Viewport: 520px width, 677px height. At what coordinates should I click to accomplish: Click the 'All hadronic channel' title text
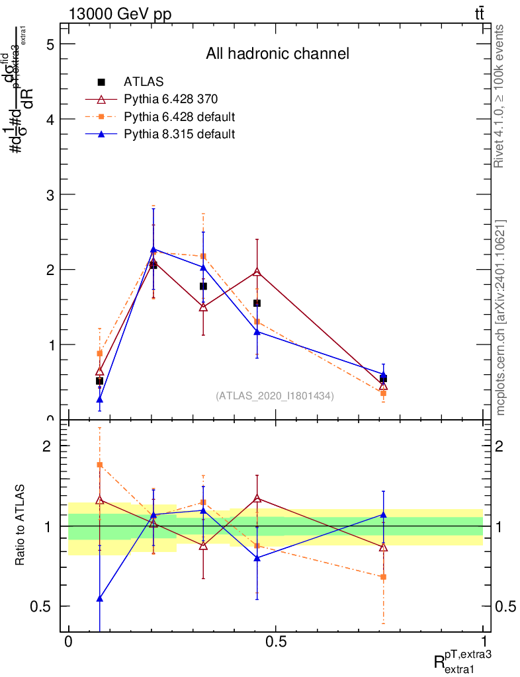tap(277, 54)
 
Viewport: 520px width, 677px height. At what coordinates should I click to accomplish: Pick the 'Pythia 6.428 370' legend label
tap(171, 99)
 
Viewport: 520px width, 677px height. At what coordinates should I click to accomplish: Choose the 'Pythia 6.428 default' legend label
tap(179, 117)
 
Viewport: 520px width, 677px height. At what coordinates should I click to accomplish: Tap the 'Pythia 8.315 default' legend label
tap(179, 134)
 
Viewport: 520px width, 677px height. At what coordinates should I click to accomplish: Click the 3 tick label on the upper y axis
tap(49, 194)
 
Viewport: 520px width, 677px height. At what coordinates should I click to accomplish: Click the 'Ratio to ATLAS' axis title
tap(21, 526)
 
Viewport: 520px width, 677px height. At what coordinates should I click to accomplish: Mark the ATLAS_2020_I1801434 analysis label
tap(275, 395)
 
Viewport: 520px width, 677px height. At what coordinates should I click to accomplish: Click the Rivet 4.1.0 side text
tap(500, 96)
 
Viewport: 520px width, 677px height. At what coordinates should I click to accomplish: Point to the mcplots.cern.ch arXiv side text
tap(500, 317)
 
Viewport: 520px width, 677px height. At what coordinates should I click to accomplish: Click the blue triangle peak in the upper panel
tap(153, 249)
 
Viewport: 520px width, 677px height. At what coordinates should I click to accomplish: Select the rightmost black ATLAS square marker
tap(383, 379)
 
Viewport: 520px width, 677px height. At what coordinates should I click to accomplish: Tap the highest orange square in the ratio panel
tap(100, 465)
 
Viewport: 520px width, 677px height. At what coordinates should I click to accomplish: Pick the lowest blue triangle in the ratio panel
tap(100, 598)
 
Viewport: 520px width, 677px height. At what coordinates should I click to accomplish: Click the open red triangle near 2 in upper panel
tap(257, 272)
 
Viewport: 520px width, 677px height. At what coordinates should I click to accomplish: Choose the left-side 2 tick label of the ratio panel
tap(49, 446)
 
